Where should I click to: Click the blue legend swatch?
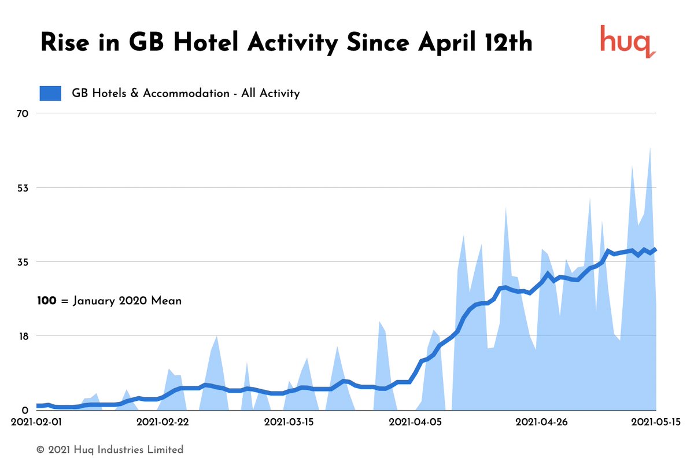(x=50, y=93)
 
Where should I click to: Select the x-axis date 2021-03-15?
(x=289, y=422)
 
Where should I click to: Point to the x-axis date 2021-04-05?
(x=414, y=422)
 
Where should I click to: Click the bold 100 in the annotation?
(x=47, y=301)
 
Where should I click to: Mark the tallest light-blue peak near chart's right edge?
(x=650, y=149)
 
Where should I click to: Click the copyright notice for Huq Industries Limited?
(x=110, y=449)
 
